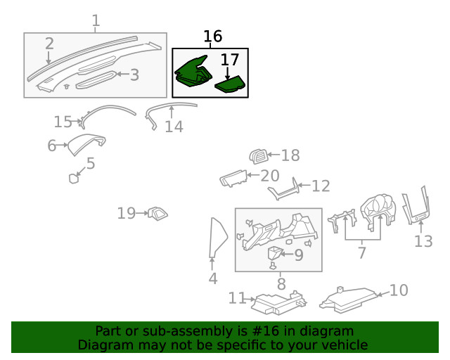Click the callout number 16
click(x=212, y=37)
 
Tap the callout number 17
click(x=230, y=60)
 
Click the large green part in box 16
click(x=193, y=72)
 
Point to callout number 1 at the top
click(x=96, y=20)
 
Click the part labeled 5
click(x=74, y=179)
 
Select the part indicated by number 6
click(x=86, y=144)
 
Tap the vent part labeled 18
click(x=258, y=157)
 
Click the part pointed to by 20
click(x=233, y=179)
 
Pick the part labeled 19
click(x=157, y=214)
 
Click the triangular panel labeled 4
click(x=218, y=237)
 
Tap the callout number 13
click(x=423, y=241)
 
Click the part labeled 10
click(x=349, y=300)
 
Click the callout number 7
click(x=362, y=252)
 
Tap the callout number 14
click(x=174, y=127)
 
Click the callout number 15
click(x=63, y=122)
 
